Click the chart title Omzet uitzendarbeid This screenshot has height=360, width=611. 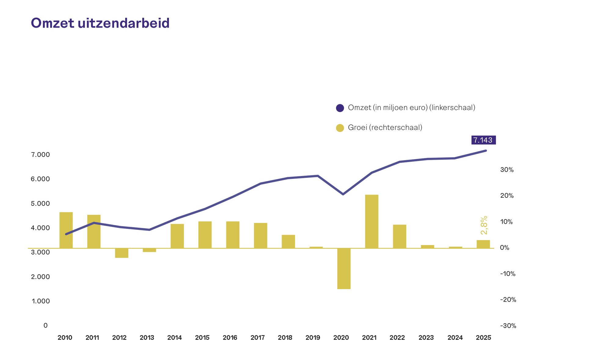pyautogui.click(x=100, y=23)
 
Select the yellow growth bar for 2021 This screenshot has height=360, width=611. pyautogui.click(x=371, y=222)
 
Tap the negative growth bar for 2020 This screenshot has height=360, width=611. pyautogui.click(x=344, y=269)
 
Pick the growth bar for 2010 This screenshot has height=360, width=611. pyautogui.click(x=66, y=230)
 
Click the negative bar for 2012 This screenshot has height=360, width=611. pyautogui.click(x=122, y=253)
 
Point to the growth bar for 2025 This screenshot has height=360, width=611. pyautogui.click(x=483, y=244)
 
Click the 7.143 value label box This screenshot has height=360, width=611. pyautogui.click(x=483, y=140)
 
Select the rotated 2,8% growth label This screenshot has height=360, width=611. pyautogui.click(x=484, y=225)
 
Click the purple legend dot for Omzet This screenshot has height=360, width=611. pyautogui.click(x=340, y=108)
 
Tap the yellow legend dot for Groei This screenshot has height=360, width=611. pyautogui.click(x=340, y=128)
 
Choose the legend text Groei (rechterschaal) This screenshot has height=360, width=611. pyautogui.click(x=385, y=127)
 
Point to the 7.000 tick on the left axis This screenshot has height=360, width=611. pyautogui.click(x=40, y=155)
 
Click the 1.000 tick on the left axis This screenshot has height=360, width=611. pyautogui.click(x=41, y=301)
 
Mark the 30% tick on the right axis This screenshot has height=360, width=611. pyautogui.click(x=507, y=170)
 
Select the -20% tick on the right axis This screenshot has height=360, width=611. pyautogui.click(x=508, y=300)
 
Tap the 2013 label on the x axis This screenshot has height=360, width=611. pyautogui.click(x=147, y=338)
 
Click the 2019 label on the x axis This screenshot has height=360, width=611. pyautogui.click(x=313, y=338)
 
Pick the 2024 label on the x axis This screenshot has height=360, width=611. pyautogui.click(x=455, y=338)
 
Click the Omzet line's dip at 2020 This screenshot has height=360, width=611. pyautogui.click(x=343, y=194)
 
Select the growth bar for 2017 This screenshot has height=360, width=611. pyautogui.click(x=261, y=236)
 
